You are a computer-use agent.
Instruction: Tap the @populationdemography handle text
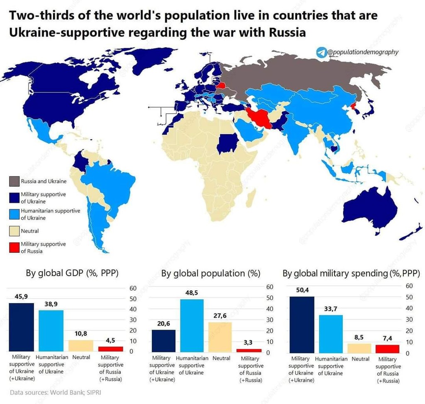[363, 52]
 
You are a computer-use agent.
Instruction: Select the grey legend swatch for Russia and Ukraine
[14, 181]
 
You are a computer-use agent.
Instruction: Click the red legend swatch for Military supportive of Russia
[14, 247]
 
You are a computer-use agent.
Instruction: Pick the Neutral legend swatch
[14, 231]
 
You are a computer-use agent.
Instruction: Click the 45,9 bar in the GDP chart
[22, 327]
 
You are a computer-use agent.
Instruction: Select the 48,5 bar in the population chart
[191, 326]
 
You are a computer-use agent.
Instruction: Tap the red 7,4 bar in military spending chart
[387, 349]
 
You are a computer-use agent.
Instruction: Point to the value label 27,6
[220, 316]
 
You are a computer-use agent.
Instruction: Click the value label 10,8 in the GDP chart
[81, 334]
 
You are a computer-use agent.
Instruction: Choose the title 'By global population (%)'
[210, 273]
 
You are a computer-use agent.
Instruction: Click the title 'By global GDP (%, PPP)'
[72, 273]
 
